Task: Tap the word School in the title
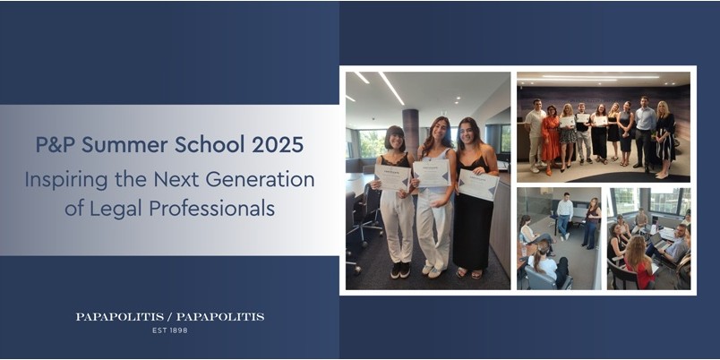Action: click(210, 145)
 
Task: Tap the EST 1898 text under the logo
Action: click(170, 330)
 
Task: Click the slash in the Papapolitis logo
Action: click(169, 317)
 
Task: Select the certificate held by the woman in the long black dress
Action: click(478, 184)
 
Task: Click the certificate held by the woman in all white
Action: click(432, 172)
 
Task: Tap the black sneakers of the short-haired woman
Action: click(400, 270)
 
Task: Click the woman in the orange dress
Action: click(550, 140)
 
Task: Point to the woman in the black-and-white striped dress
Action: click(664, 139)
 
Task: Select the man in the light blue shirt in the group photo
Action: click(645, 133)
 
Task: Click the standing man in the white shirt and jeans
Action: click(564, 216)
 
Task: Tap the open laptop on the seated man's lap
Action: click(660, 241)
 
